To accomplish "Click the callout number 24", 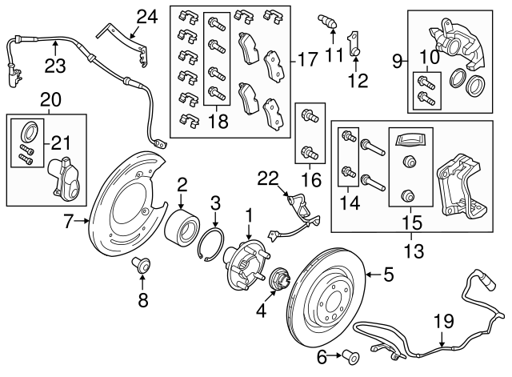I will click(x=146, y=15).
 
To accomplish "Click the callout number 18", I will click(x=214, y=122).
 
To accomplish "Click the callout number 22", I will click(x=267, y=177).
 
